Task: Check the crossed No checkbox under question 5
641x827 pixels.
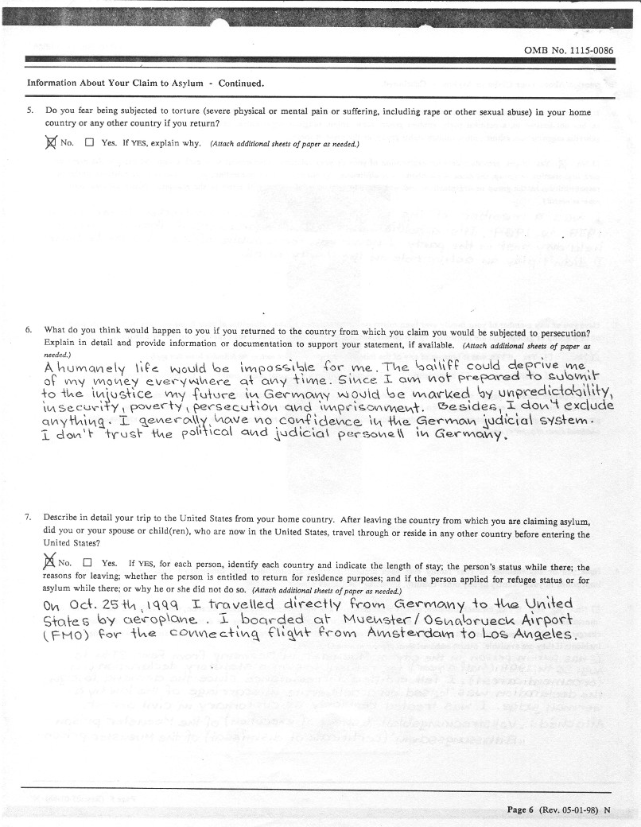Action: tap(52, 143)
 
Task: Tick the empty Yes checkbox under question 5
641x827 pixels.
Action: tap(89, 143)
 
